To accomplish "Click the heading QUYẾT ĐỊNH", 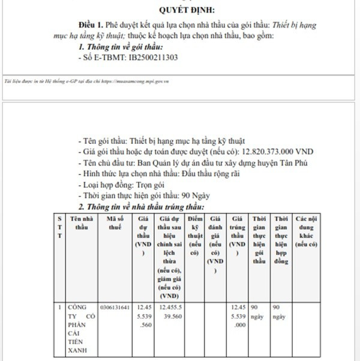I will click(x=187, y=10).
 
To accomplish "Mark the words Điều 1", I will click(x=91, y=26).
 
